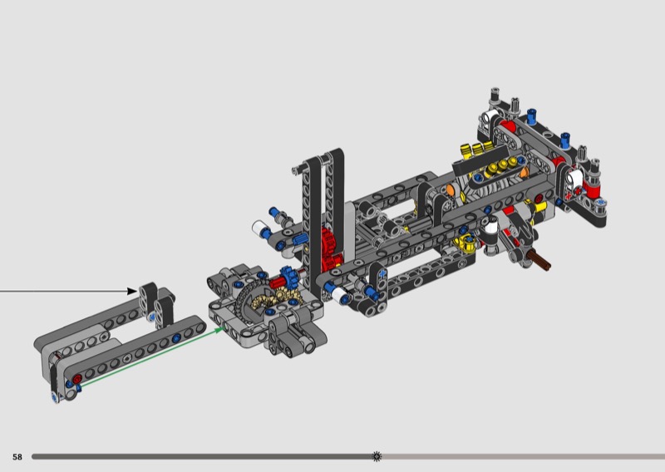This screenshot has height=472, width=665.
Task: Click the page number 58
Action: tap(17, 457)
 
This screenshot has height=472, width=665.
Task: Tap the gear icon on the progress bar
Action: tap(377, 456)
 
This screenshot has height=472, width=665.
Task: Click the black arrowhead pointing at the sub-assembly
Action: tap(132, 291)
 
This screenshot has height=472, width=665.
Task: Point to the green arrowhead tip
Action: tap(223, 327)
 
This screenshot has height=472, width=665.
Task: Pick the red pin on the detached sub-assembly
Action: tap(77, 379)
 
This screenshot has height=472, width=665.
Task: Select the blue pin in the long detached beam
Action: tap(176, 338)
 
